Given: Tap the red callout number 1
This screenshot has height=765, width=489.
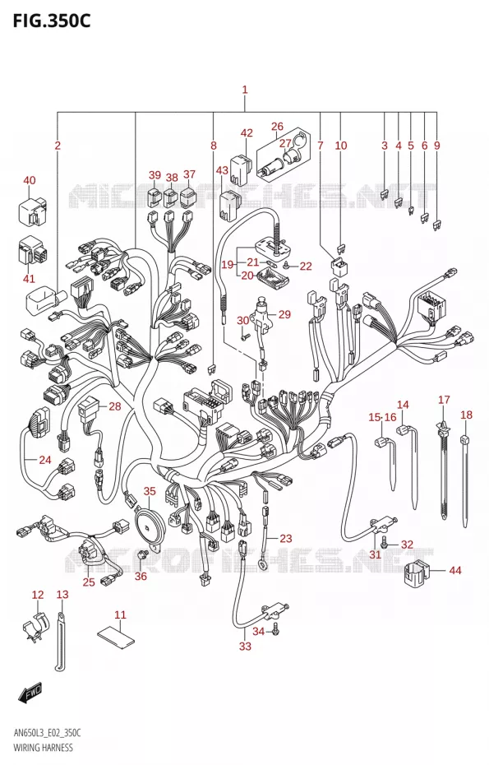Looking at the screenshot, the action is point(245,90).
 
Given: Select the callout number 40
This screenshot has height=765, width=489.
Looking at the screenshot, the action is point(30,180).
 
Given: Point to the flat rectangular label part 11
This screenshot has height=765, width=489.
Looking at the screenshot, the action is point(118,634).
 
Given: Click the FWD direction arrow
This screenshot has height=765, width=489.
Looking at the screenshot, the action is point(30,693).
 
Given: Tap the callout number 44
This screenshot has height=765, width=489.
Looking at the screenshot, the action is point(454,570).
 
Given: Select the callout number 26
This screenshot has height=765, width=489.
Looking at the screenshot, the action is point(277,127).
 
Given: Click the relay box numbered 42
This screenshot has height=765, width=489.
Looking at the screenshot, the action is point(240,169).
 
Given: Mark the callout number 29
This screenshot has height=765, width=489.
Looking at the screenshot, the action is point(284,314).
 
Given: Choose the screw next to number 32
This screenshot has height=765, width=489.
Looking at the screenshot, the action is point(385,541).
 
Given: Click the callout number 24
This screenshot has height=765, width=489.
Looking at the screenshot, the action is point(45,460).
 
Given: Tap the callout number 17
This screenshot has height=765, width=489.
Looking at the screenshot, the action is point(444,400).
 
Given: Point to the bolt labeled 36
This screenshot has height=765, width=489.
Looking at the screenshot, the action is point(143,554).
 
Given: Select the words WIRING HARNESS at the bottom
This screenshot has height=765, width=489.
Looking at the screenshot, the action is point(44,748).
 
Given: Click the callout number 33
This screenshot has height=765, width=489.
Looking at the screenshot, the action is point(245,647).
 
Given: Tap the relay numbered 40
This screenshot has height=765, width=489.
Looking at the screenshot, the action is point(32,212).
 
